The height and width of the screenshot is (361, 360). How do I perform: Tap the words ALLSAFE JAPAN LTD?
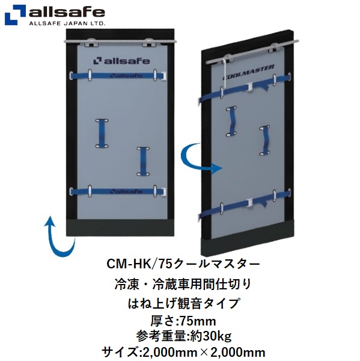pyautogui.click(x=67, y=23)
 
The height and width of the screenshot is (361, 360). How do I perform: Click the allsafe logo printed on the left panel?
pyautogui.click(x=121, y=61)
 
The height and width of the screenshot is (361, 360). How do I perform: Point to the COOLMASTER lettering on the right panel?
pyautogui.click(x=248, y=72)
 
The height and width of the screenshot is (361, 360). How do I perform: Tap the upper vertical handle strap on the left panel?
pyautogui.click(x=102, y=134)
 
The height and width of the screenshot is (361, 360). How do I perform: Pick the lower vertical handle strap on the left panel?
pyautogui.click(x=143, y=162)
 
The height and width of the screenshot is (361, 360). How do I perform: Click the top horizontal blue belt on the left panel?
pyautogui.click(x=118, y=75)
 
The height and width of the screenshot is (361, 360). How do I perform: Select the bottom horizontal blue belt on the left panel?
pyautogui.click(x=118, y=191)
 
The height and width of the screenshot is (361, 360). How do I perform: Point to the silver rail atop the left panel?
pyautogui.click(x=121, y=41)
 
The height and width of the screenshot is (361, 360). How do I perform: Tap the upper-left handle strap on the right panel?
pyautogui.click(x=231, y=121)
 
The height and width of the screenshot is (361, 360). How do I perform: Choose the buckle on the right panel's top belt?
pyautogui.click(x=250, y=87)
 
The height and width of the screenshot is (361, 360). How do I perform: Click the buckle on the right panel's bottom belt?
pyautogui.click(x=250, y=202)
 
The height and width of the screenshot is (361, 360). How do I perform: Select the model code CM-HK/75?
pyautogui.click(x=139, y=264)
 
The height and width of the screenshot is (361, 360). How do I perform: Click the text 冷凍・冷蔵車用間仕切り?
pyautogui.click(x=183, y=285)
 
